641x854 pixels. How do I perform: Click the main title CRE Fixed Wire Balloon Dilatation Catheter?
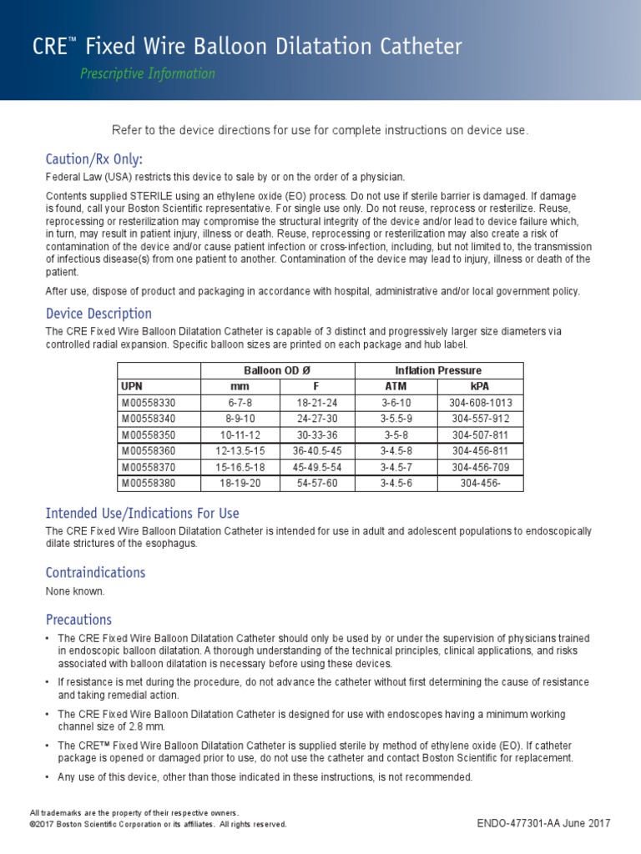point(247,47)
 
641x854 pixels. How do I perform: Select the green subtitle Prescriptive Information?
point(147,73)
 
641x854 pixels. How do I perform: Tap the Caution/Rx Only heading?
point(93,158)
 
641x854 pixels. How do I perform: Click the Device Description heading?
point(98,314)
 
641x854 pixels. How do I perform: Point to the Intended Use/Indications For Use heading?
point(142,513)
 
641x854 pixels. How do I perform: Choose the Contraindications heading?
point(95,572)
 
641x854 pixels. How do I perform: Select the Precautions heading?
point(78,620)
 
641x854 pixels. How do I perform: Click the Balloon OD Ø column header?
point(278,370)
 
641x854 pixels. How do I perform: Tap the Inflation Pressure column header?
point(438,370)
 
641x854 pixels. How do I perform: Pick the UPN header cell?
point(132,387)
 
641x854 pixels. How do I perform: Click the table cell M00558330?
point(149,403)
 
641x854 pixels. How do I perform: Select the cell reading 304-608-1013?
point(482,403)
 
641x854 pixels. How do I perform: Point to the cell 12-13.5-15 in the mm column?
point(240,451)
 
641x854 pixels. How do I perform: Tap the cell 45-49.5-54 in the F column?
point(317,467)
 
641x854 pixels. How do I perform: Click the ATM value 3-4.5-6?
point(397,483)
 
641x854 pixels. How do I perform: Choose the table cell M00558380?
point(149,483)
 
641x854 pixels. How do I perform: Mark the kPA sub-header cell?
point(482,387)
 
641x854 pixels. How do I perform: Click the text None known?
point(75,591)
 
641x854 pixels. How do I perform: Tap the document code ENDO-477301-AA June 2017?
point(543,823)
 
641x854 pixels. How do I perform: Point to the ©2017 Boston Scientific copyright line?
point(158,824)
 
